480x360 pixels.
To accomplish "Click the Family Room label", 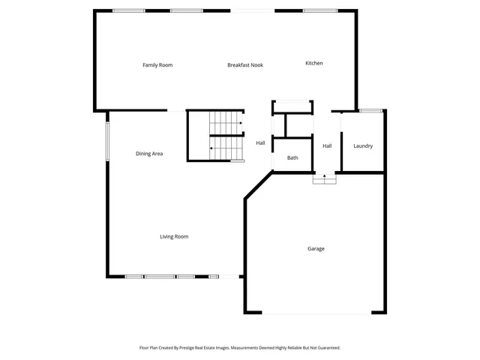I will pos(157,65).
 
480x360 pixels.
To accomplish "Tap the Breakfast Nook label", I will pos(245,65).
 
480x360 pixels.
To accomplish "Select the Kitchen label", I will pos(313,63).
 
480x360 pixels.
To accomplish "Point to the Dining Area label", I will pos(149,154).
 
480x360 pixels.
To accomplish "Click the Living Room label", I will pos(174,237).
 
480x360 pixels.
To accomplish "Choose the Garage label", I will pos(316,248).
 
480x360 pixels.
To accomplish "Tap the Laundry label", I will pos(363,146).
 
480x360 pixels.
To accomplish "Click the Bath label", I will pos(292,157).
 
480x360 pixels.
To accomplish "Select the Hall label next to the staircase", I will pos(260,142).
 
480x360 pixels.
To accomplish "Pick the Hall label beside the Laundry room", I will pos(327,145).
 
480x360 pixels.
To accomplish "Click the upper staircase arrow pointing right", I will pos(239,122).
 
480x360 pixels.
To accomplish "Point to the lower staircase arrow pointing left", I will pos(212,148).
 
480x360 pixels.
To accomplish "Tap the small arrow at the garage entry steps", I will pos(324,178).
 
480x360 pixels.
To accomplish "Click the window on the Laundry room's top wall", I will pos(370,111).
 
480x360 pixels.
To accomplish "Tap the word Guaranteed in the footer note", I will pos(327,348).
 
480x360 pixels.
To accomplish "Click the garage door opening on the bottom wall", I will pos(315,313).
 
